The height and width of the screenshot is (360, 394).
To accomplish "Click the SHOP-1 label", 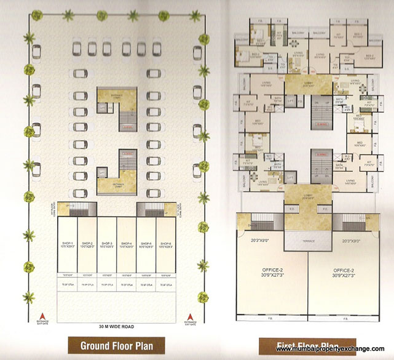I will [x=68, y=244].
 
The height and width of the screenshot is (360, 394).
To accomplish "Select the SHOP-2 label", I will [x=87, y=244].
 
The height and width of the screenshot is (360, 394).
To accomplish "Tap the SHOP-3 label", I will [x=107, y=244].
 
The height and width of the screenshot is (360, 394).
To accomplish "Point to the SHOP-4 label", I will [x=127, y=244].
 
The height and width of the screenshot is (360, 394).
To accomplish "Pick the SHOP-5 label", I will [x=146, y=244].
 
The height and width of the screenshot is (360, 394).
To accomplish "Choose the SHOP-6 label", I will [x=166, y=244].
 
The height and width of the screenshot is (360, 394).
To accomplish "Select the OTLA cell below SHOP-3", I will [x=107, y=285].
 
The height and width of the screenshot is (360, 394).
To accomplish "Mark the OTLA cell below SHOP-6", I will [x=166, y=285].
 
